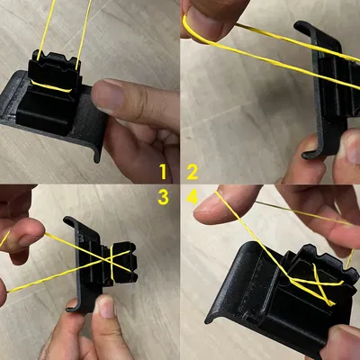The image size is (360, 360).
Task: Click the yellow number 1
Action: click(x=163, y=172)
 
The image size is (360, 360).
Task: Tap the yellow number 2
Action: click(x=193, y=172)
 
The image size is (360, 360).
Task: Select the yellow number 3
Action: click(x=163, y=197)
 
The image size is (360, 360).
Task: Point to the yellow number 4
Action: click(x=193, y=197)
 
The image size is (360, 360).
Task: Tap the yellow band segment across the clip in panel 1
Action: click(x=51, y=86)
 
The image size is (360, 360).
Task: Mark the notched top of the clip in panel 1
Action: click(x=56, y=59)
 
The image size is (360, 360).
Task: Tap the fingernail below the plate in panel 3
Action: click(x=105, y=307)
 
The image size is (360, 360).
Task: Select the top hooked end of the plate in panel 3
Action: click(x=70, y=221)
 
